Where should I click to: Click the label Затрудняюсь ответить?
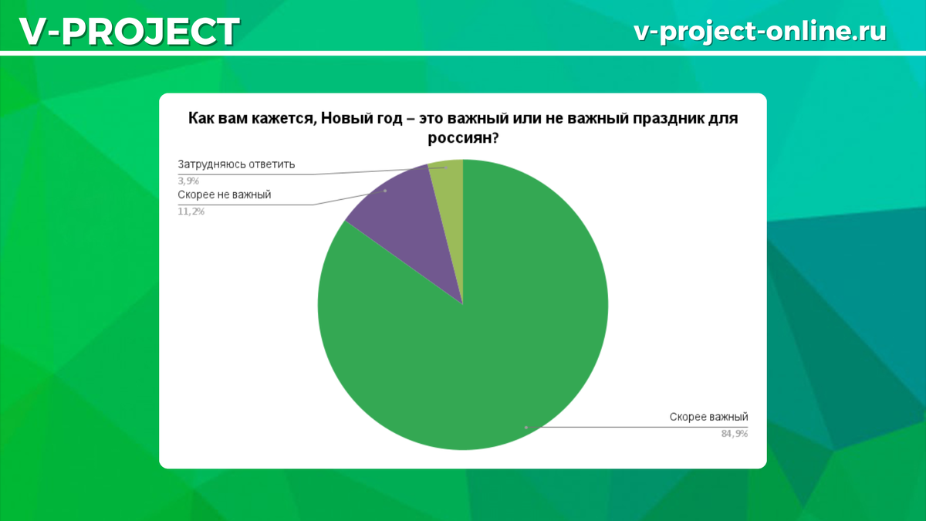click(x=236, y=164)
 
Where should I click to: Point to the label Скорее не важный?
click(x=224, y=195)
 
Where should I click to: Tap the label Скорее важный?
click(x=708, y=418)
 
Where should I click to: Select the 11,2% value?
click(x=191, y=211)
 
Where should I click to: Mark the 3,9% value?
click(x=188, y=180)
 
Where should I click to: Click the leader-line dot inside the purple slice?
click(x=384, y=190)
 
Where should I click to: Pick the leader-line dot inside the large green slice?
click(x=526, y=427)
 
